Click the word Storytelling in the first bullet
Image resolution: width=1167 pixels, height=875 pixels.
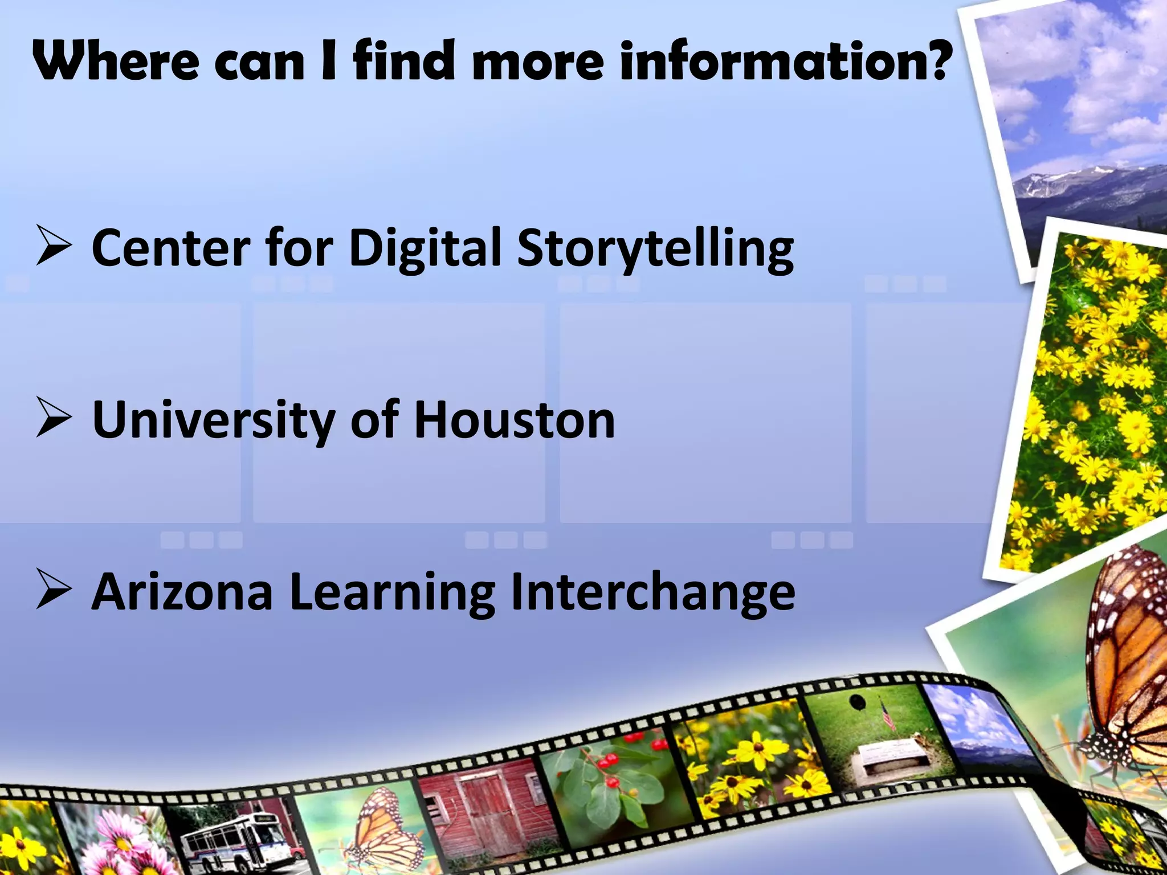point(655,248)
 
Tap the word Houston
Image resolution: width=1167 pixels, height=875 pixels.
point(515,420)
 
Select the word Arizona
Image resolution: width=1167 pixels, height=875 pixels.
point(182,592)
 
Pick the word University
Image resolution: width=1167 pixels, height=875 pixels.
point(214,420)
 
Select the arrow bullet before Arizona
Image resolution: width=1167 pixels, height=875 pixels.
point(54,590)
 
